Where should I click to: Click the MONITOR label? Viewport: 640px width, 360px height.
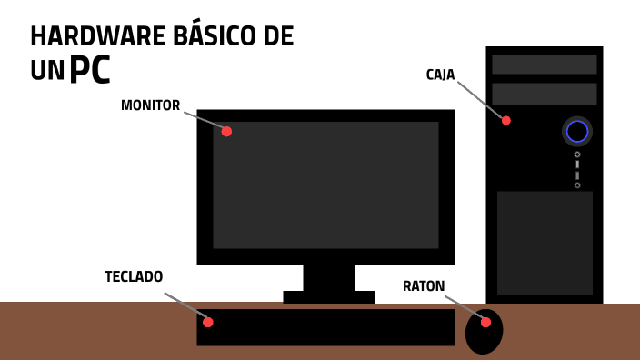pyautogui.click(x=150, y=105)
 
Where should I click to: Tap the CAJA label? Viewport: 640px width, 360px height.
pyautogui.click(x=440, y=75)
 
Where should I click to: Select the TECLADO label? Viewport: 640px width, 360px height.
pyautogui.click(x=134, y=276)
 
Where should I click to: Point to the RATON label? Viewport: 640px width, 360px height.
pyautogui.click(x=424, y=286)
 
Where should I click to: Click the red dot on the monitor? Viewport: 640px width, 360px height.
pyautogui.click(x=226, y=131)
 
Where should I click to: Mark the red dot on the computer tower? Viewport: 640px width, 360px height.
pyautogui.click(x=506, y=120)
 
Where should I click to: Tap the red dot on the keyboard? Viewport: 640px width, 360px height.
pyautogui.click(x=208, y=322)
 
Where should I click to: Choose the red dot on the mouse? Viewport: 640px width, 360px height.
pyautogui.click(x=485, y=322)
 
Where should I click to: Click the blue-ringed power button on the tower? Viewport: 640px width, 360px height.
pyautogui.click(x=577, y=132)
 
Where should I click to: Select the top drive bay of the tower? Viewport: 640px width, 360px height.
pyautogui.click(x=545, y=65)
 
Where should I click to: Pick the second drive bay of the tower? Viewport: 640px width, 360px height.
pyautogui.click(x=545, y=94)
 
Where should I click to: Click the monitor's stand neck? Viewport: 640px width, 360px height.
pyautogui.click(x=328, y=277)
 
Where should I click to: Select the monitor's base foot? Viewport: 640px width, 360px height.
pyautogui.click(x=328, y=296)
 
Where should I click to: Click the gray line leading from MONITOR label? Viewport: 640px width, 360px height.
pyautogui.click(x=203, y=120)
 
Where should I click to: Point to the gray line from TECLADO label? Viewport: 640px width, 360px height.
pyautogui.click(x=185, y=306)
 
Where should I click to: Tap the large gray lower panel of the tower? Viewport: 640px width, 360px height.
pyautogui.click(x=545, y=243)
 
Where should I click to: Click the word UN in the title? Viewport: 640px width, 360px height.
pyautogui.click(x=47, y=72)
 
